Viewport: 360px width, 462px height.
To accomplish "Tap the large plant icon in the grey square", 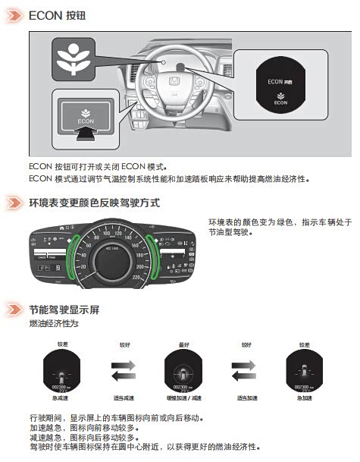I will pos(74,58).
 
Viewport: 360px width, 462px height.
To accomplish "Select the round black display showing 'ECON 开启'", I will pos(280,89).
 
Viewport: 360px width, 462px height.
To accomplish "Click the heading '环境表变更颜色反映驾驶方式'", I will pos(94,203).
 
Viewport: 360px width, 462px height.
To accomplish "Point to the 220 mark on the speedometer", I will pos(137,277).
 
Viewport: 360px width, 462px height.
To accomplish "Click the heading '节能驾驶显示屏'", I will pos(64,310).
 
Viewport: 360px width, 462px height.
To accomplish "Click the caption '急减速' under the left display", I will pos(61,397).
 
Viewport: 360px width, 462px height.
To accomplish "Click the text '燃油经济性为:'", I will pos(53,324).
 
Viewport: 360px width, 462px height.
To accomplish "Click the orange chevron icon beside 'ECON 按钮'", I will pos(14,14).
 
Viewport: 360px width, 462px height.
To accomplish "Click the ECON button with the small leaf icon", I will pos(84,115).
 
